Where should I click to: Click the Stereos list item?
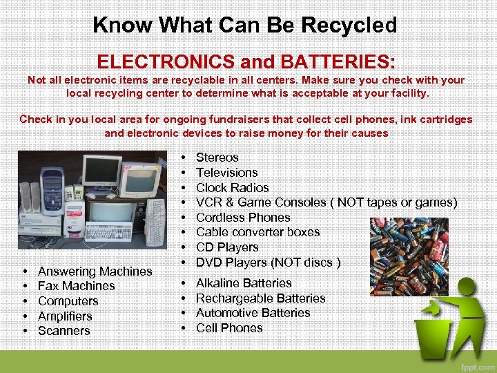coord(217,157)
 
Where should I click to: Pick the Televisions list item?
coord(226,173)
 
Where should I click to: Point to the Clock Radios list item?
coord(232,188)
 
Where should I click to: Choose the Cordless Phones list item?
coord(243,218)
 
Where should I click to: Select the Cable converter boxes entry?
coord(257,232)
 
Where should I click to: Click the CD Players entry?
coord(227,247)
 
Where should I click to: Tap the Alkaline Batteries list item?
coord(244,283)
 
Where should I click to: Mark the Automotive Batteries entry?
coord(253,313)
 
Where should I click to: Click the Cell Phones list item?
coord(229,328)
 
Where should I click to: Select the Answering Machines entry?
coord(95,271)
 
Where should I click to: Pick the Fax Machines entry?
coord(76,286)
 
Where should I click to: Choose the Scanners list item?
coord(64,331)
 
